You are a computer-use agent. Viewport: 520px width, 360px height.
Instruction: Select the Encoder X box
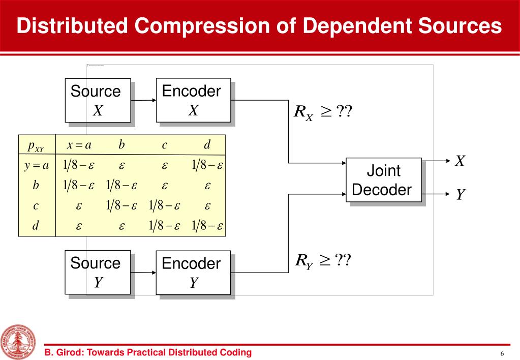[193, 100]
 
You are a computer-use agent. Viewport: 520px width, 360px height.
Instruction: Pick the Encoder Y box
[193, 272]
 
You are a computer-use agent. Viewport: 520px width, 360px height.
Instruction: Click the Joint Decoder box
[384, 180]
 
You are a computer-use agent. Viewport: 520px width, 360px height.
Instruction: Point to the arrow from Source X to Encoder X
[143, 100]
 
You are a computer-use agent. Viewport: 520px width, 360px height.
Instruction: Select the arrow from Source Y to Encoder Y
[143, 273]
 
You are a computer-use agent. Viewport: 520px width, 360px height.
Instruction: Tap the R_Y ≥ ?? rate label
[323, 261]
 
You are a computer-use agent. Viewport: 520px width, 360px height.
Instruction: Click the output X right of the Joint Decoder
[460, 161]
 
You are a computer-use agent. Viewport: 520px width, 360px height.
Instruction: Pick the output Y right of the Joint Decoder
[460, 194]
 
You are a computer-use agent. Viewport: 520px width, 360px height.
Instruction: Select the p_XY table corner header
[36, 146]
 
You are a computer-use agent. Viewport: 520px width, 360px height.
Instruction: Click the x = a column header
[79, 145]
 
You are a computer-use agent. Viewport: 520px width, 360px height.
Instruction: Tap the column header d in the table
[207, 145]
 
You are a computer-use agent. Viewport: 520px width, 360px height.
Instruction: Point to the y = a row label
[36, 166]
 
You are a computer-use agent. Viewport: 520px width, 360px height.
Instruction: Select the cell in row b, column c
[165, 186]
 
